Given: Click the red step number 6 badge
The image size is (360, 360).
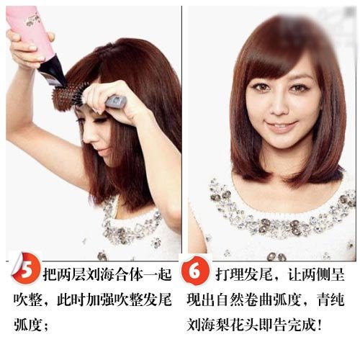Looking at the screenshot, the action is coord(196,271).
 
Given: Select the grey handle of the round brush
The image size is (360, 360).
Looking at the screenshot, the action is coord(116,101).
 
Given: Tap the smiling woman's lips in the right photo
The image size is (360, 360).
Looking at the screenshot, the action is coord(282,127).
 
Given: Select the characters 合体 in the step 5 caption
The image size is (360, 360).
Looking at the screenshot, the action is coord(129,274).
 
